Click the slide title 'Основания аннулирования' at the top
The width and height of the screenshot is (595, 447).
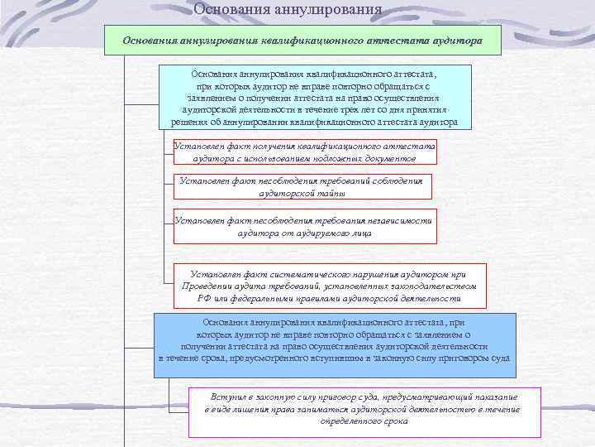[288, 9]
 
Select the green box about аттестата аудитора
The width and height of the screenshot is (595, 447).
[302, 40]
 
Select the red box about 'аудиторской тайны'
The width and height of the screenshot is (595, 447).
[302, 186]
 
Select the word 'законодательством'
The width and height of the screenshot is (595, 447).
[436, 286]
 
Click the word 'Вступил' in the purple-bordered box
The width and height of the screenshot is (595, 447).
[212, 397]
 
